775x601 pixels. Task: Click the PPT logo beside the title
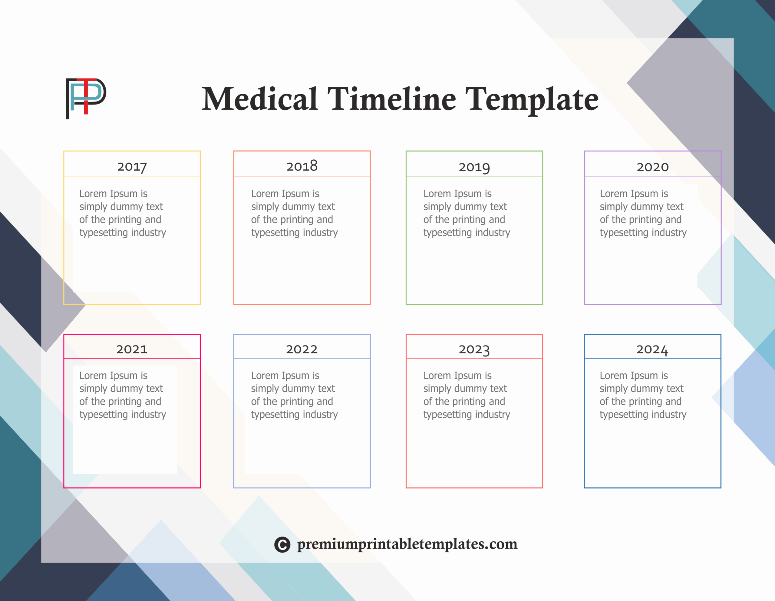86,98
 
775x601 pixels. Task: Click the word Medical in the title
259,99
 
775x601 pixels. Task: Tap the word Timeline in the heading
391,99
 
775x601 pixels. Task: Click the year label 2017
132,167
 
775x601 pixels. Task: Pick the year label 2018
302,166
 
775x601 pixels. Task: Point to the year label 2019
474,167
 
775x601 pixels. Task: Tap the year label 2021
132,349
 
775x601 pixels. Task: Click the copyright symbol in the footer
282,545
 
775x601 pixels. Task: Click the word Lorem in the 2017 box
93,194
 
